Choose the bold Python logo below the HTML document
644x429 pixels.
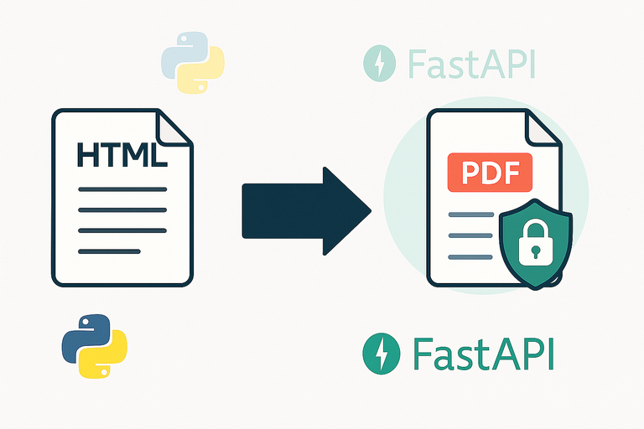point(94,345)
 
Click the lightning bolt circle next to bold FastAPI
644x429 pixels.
point(382,354)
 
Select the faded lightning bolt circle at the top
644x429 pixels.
point(379,63)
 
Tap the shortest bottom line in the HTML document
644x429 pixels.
point(109,251)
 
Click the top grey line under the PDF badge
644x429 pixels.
point(470,215)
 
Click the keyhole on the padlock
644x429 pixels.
point(535,251)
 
